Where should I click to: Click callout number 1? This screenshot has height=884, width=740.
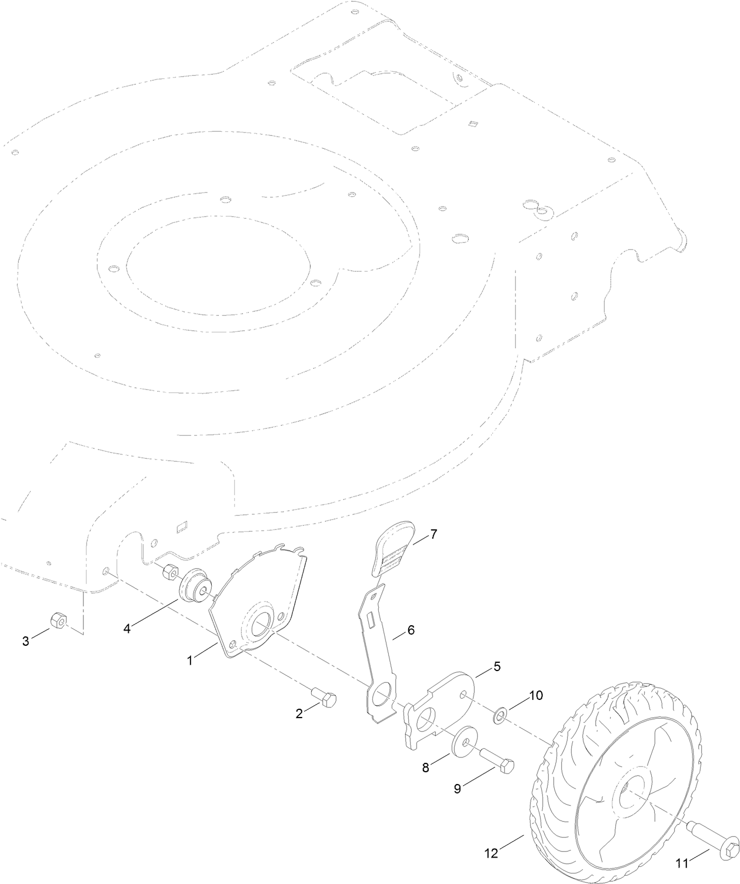190,661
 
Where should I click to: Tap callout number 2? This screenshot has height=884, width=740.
299,714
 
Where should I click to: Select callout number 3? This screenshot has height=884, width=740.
25,641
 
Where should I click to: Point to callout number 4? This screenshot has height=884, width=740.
127,628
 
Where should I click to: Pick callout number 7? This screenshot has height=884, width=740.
434,535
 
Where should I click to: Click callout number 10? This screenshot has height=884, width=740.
536,695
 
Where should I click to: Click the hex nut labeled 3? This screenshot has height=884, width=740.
59,620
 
